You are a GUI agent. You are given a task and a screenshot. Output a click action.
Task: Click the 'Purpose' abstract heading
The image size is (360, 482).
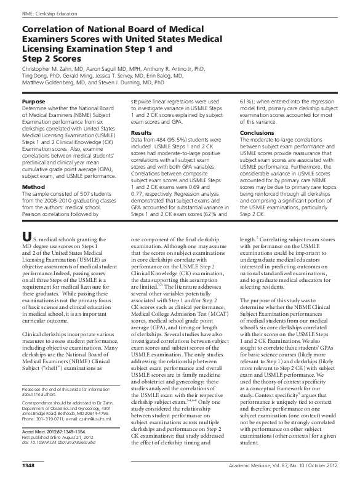pyautogui.click(x=33, y=100)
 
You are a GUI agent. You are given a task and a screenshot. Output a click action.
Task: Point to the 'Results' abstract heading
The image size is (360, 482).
pyautogui.click(x=141, y=133)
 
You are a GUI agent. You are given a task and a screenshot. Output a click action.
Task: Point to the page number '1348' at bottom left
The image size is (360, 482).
pyautogui.click(x=28, y=472)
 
